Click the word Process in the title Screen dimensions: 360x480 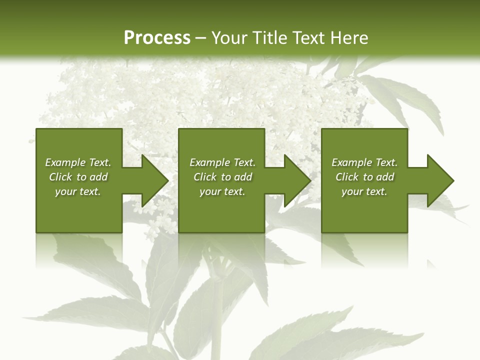pos(157,38)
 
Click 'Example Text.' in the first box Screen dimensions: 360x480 pos(78,162)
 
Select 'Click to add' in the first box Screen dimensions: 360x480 pos(78,177)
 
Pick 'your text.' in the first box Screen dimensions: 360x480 pos(78,191)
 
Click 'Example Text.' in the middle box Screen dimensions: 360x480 pos(222,162)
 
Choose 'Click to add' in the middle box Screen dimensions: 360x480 pos(222,177)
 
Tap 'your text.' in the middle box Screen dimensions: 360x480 pos(222,191)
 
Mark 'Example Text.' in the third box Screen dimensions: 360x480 pos(364,162)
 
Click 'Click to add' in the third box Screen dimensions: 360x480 pos(364,177)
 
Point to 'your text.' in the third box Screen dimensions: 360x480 pos(364,191)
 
